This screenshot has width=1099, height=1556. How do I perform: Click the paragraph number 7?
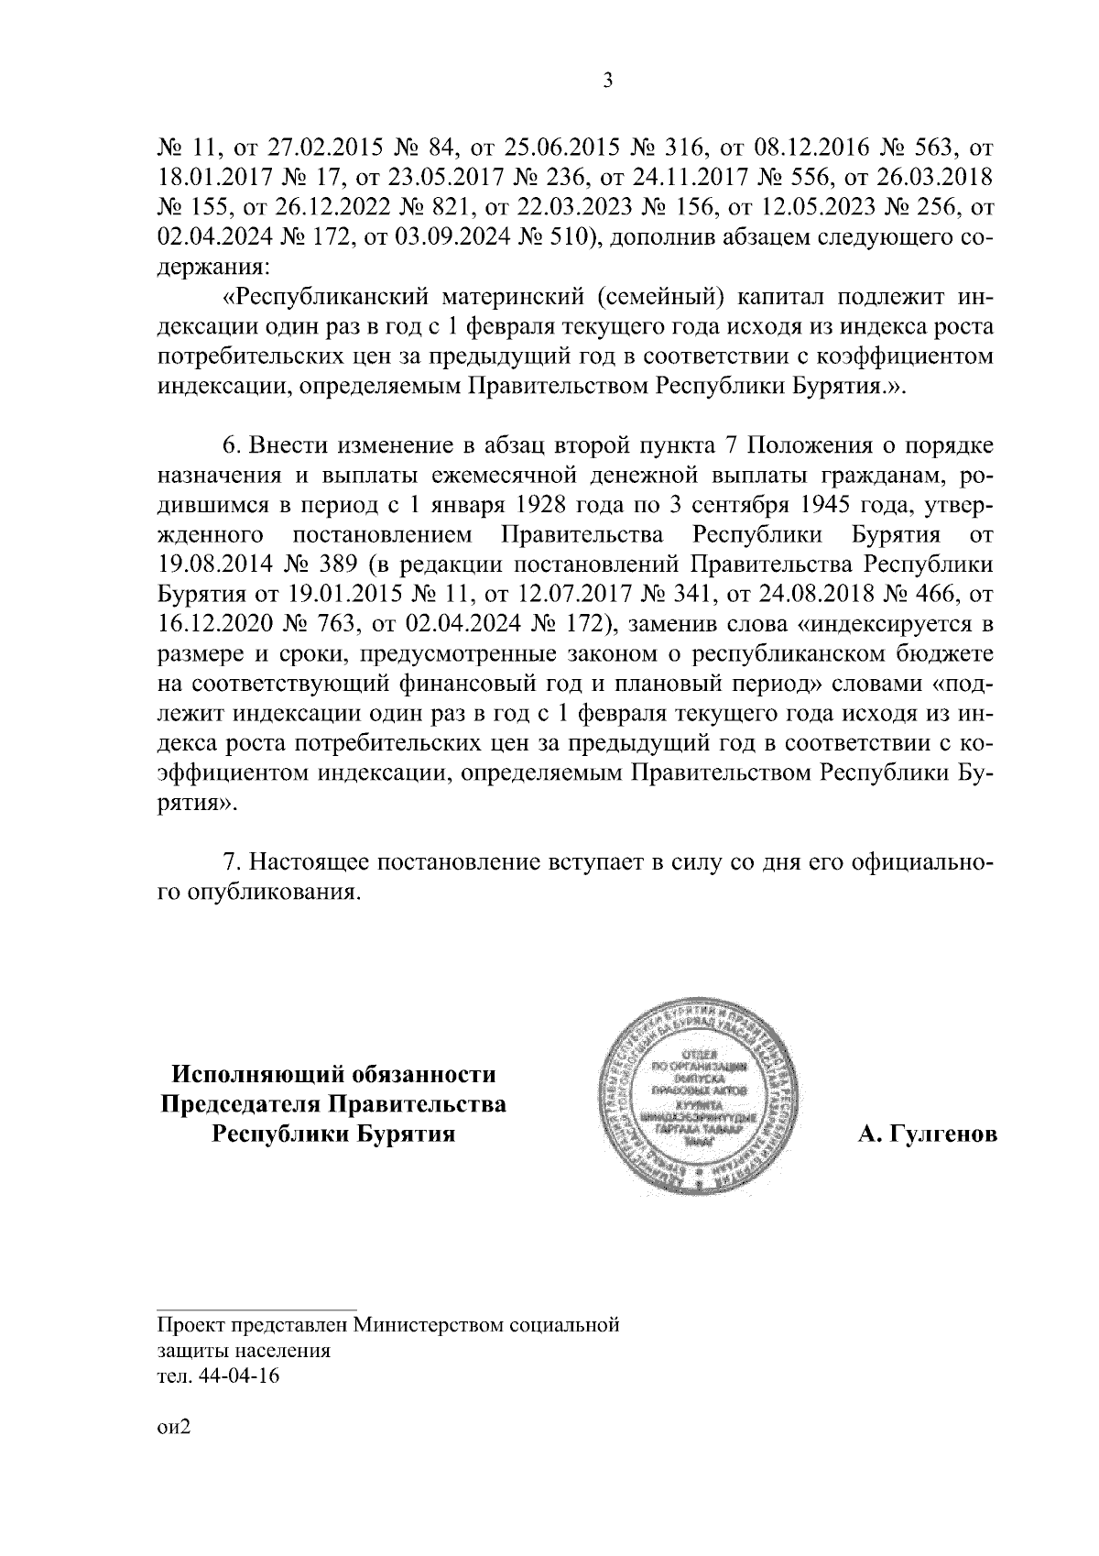(x=232, y=863)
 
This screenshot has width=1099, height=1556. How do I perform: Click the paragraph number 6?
(x=232, y=447)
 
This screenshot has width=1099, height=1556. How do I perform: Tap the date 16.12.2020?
(x=212, y=624)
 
